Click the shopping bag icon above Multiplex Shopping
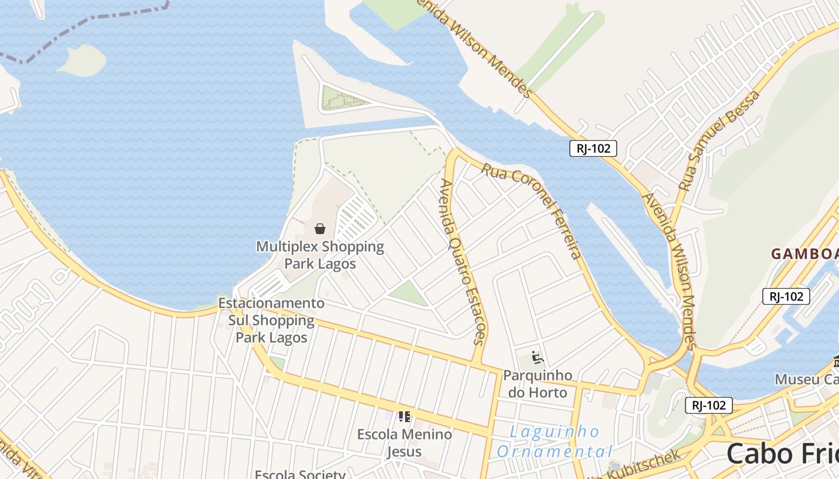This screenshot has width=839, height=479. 320,229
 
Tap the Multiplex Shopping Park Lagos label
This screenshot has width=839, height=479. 320,255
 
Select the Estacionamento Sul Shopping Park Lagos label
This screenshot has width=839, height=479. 271,320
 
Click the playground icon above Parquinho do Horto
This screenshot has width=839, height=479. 537,357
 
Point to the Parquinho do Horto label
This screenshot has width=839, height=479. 538,384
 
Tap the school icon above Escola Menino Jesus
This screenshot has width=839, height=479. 405,416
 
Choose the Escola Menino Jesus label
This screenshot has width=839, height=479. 405,442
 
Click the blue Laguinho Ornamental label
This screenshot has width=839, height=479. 554,441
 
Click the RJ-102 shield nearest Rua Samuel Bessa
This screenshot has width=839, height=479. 593,148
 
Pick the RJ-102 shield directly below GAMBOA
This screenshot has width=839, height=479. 786,296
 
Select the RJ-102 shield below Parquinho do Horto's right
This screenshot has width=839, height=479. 708,405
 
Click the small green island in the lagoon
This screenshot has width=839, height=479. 82,61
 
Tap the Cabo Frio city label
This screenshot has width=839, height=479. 782,454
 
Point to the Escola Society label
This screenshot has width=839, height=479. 300,474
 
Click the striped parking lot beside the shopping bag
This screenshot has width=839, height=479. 355,219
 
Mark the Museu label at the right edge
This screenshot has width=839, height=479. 806,379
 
